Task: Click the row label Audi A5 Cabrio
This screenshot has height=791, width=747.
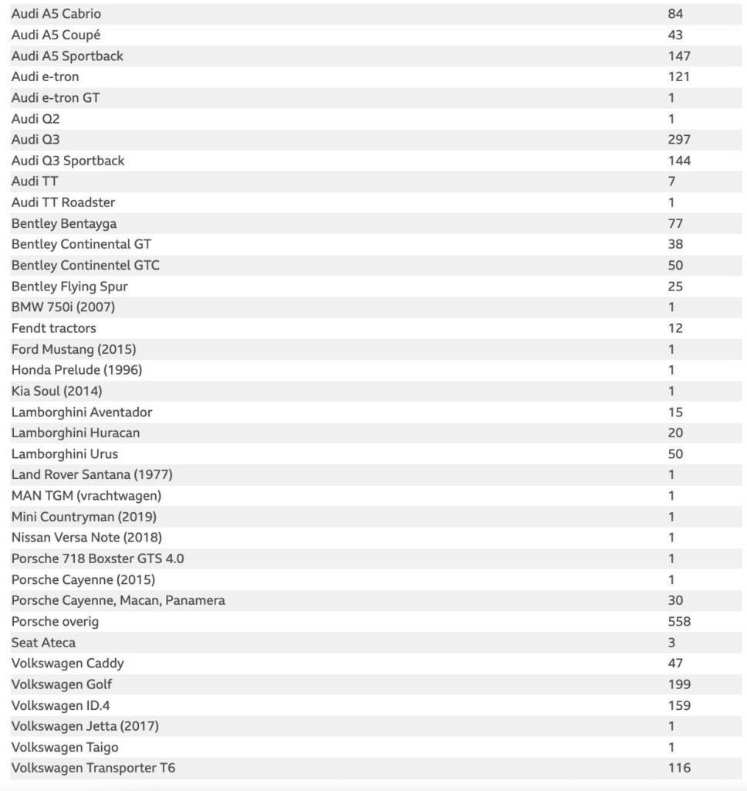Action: coord(56,14)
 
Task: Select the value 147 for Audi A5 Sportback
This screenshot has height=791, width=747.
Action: coord(679,56)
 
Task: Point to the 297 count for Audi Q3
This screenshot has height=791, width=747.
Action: coord(679,140)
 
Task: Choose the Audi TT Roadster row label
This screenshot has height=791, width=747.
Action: coord(63,202)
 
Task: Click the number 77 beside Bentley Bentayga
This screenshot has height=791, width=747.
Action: coord(675,223)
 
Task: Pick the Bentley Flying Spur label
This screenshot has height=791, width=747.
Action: coord(69,287)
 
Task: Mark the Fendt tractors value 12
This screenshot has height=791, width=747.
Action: coord(675,328)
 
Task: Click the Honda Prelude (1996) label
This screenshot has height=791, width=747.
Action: coord(76,370)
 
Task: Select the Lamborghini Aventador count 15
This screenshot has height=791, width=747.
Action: coord(675,412)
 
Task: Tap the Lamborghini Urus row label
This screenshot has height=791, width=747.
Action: coord(65,453)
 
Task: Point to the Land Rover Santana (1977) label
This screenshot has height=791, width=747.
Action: coord(92,474)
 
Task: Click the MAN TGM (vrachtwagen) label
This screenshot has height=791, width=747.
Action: coord(86,495)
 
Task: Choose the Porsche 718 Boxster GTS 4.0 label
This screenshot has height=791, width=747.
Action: coord(98,558)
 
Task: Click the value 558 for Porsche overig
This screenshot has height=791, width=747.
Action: coord(679,621)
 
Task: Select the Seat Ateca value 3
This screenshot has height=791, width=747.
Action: coord(671,642)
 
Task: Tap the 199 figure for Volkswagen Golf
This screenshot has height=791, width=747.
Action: coord(679,684)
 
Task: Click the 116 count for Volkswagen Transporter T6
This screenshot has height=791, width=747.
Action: coord(679,768)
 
